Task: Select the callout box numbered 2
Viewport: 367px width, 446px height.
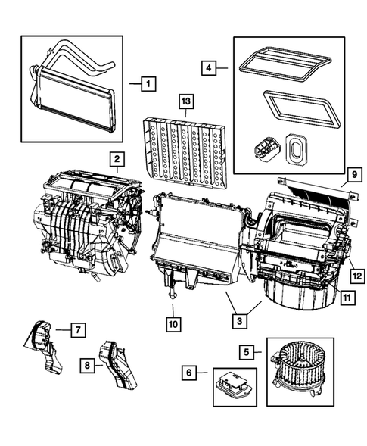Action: pos(116,159)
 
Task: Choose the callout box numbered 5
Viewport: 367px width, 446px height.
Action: pos(247,351)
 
